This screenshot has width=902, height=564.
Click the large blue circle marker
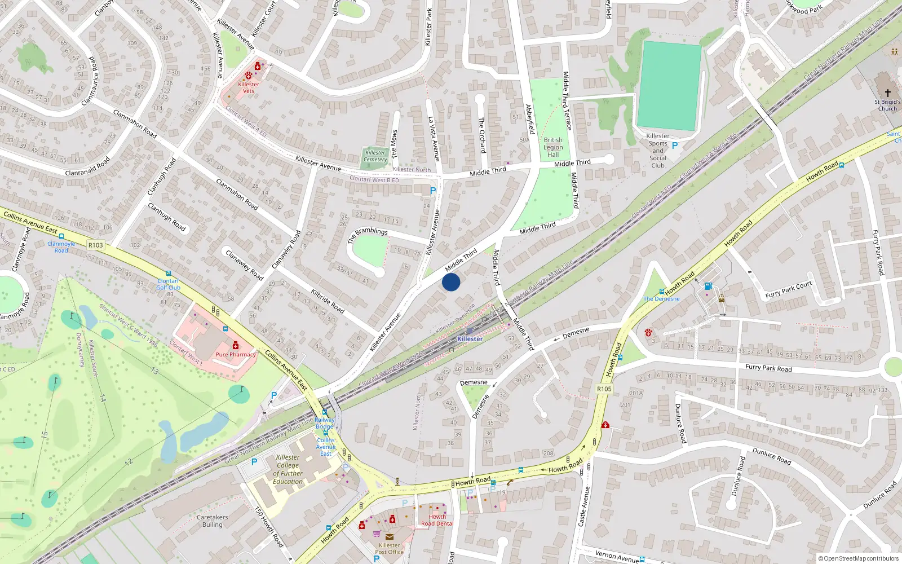[451, 282]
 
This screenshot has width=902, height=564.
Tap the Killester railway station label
[470, 339]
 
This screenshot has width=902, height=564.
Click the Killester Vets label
[249, 87]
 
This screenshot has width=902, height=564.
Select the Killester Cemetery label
[375, 156]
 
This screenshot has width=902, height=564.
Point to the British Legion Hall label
[553, 147]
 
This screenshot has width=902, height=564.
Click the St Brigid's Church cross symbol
[887, 92]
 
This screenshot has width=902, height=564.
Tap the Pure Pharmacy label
[236, 355]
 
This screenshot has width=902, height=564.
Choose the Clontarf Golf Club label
[169, 284]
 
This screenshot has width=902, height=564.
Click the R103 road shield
[96, 245]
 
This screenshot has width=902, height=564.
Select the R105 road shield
[604, 389]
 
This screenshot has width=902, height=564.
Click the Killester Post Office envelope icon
[390, 536]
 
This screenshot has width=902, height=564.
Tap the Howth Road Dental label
[437, 520]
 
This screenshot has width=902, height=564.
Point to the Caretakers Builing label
[213, 521]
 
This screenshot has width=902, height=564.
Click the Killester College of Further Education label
[288, 469]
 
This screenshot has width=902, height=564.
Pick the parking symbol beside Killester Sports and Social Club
[675, 146]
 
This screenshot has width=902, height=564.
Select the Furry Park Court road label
[789, 289]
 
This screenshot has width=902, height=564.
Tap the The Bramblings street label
[368, 235]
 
